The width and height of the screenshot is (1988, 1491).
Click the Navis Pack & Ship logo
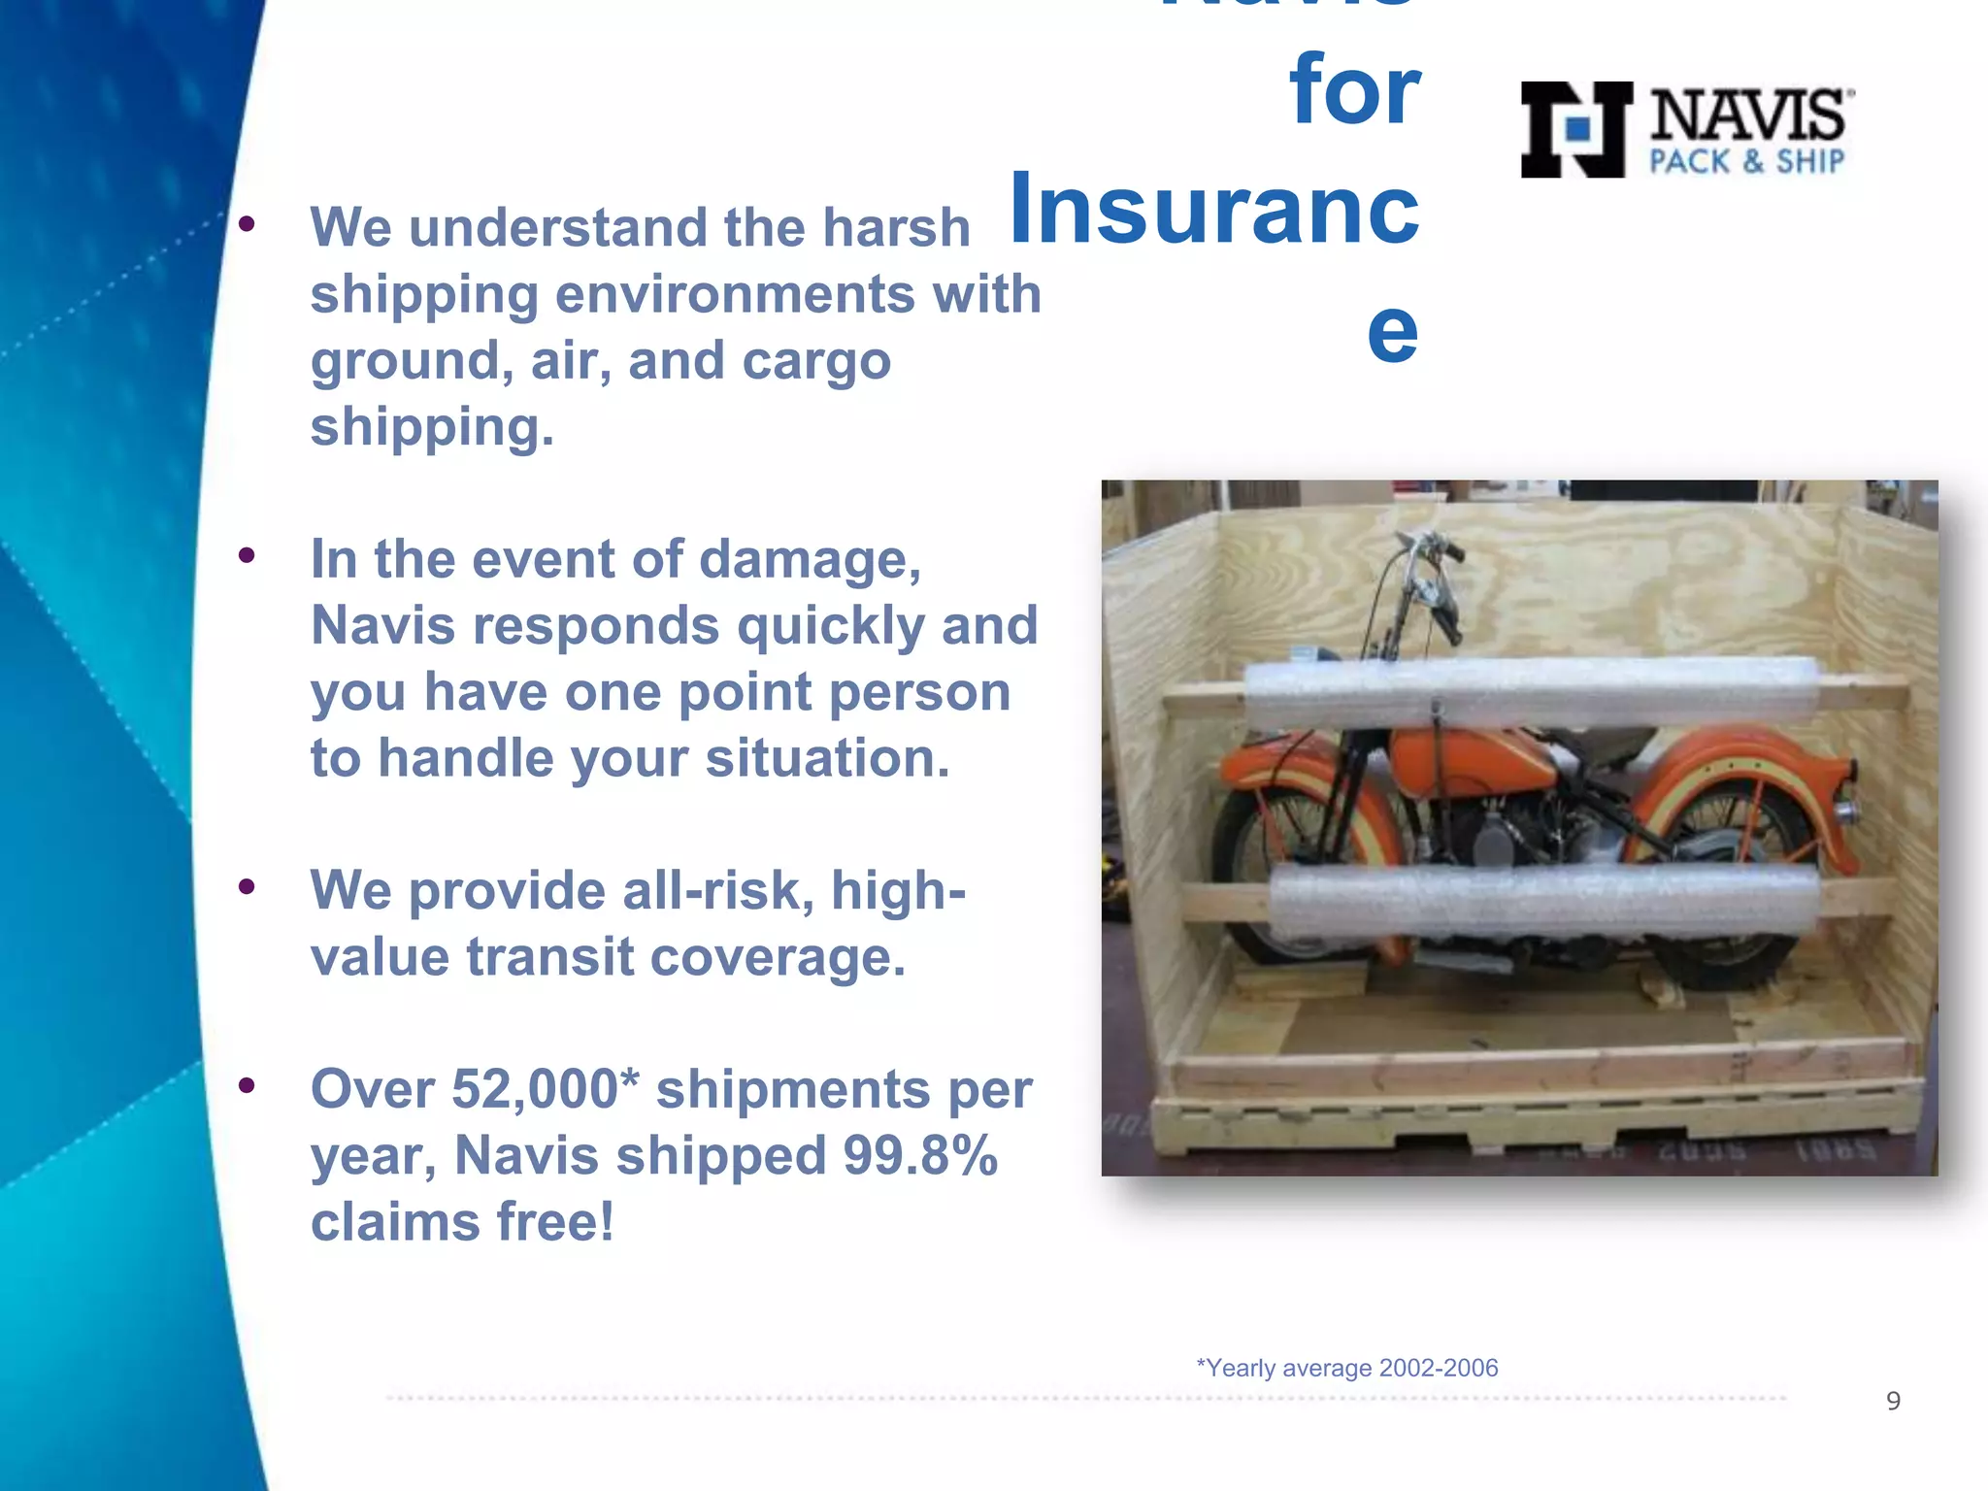point(1686,129)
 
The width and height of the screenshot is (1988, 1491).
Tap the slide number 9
point(1893,1401)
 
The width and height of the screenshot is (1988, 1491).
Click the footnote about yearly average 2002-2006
point(1346,1368)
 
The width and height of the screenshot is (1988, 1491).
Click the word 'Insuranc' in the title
point(1213,209)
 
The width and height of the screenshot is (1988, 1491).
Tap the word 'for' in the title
point(1354,90)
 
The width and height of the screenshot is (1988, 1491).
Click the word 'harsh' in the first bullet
point(896,228)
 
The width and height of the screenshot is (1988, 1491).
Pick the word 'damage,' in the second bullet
point(810,560)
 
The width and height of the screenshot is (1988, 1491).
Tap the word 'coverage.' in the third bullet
point(778,958)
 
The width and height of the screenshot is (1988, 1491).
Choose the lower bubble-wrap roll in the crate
point(1543,900)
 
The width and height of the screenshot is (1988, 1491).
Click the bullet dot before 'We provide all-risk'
point(247,886)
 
